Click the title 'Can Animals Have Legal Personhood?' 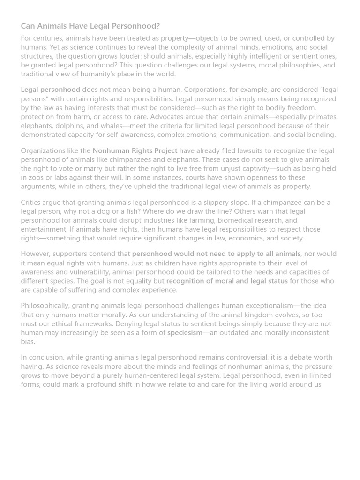[x=90, y=26]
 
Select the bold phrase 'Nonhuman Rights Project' [x=135, y=150]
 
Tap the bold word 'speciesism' [x=185, y=333]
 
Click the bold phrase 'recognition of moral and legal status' [x=227, y=281]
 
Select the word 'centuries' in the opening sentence [x=47, y=38]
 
